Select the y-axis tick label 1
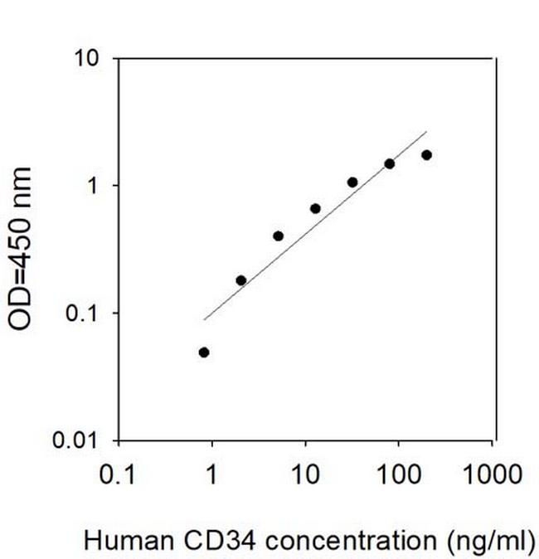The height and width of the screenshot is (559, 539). [x=96, y=186]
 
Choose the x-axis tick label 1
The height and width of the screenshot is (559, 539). [x=211, y=475]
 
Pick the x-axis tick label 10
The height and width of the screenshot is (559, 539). [x=306, y=475]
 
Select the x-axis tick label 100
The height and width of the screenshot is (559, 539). [x=400, y=475]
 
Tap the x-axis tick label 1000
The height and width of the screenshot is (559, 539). [x=493, y=475]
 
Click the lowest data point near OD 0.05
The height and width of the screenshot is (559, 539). [x=204, y=352]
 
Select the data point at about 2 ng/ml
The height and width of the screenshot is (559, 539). [x=241, y=280]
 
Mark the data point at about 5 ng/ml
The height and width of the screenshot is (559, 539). [x=278, y=236]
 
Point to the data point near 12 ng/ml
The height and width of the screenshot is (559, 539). [x=315, y=208]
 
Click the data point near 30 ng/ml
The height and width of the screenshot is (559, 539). [x=352, y=182]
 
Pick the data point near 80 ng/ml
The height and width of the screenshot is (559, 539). [x=390, y=163]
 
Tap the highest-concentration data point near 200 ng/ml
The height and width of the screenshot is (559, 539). [x=426, y=155]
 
